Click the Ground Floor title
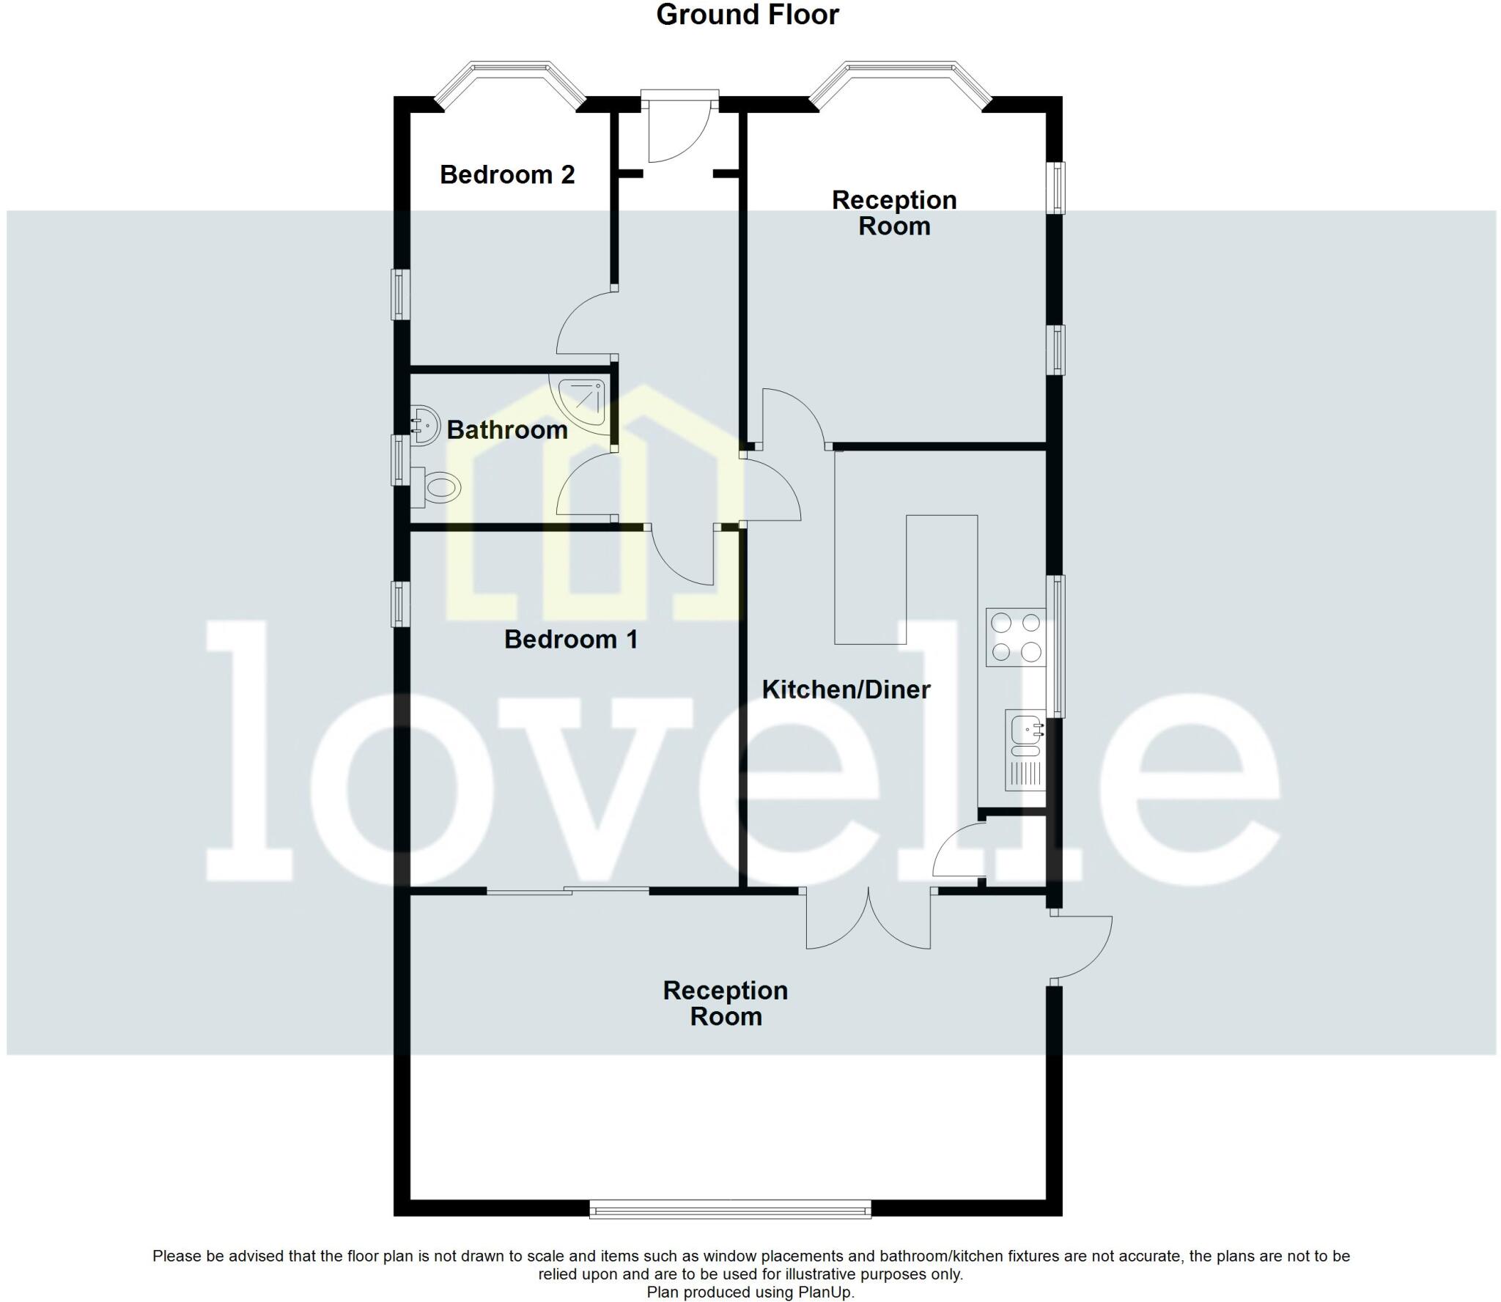coord(747,15)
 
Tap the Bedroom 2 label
coord(507,174)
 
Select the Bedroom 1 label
coord(571,640)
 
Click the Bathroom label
coord(507,430)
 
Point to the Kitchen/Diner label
coord(846,689)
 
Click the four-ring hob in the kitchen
coord(1015,637)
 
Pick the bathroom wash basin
coord(424,425)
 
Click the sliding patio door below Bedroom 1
coord(568,890)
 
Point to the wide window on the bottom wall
coord(730,1208)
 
